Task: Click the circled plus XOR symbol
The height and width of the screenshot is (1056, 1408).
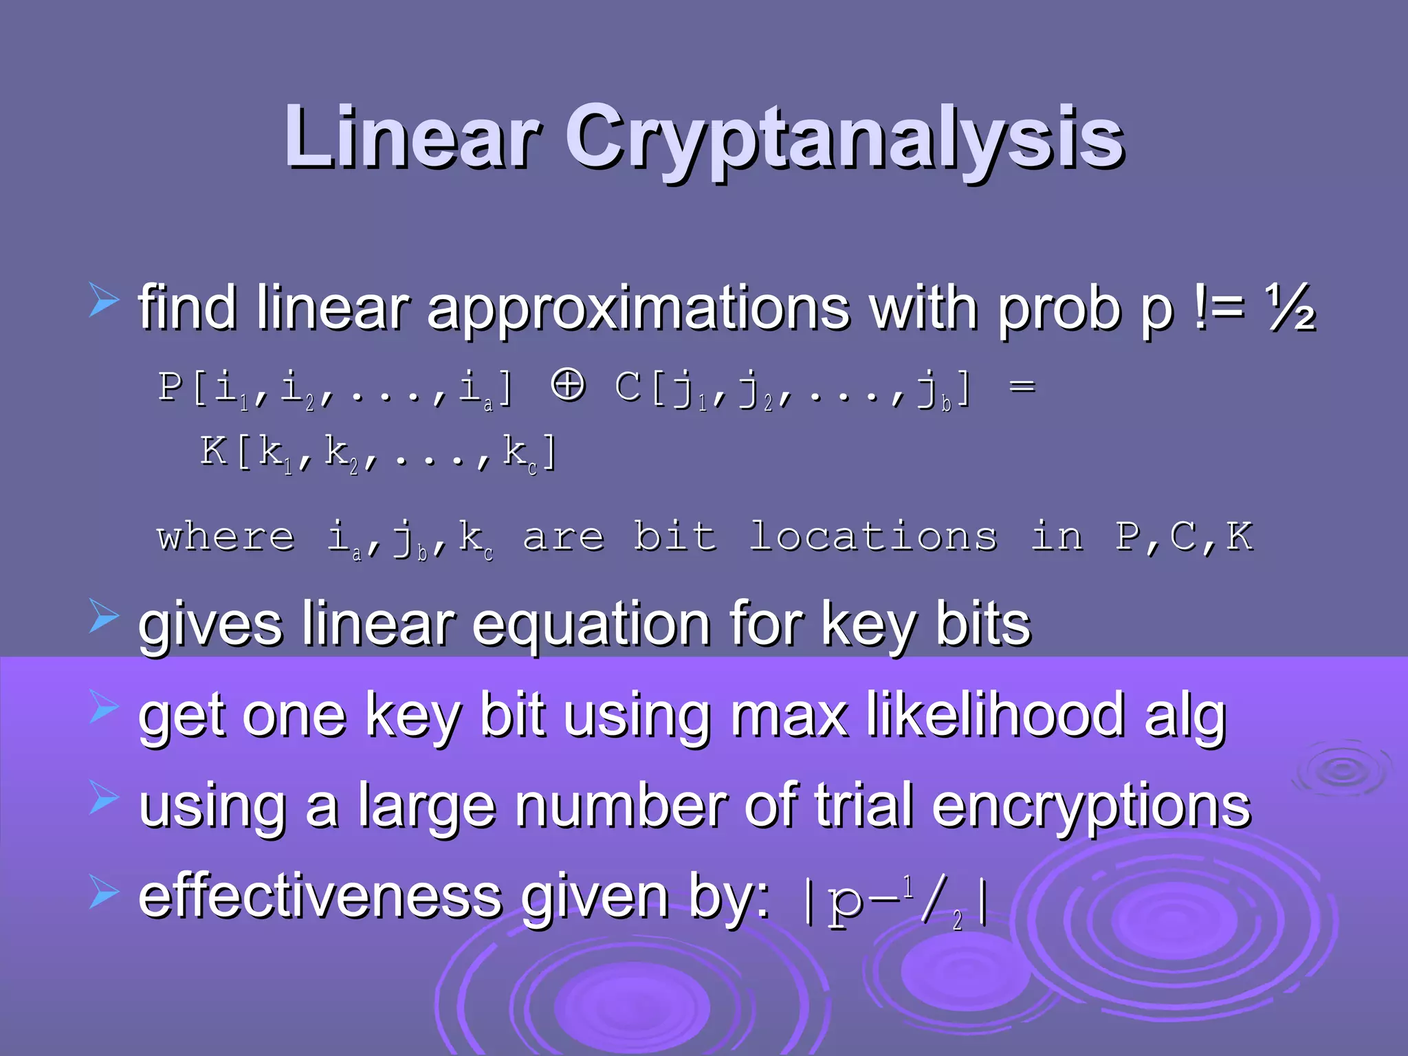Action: [568, 384]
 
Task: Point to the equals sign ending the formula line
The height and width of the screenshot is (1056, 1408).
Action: [1022, 387]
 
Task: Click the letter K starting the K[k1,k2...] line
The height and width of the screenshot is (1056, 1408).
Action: [214, 452]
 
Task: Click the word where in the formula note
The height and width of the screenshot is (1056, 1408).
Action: [226, 536]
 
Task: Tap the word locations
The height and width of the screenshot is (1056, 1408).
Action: [872, 536]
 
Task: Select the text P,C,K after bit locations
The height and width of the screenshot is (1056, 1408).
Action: [1184, 536]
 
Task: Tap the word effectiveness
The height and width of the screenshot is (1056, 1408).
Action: [320, 896]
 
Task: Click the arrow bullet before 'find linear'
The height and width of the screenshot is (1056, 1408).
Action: [104, 302]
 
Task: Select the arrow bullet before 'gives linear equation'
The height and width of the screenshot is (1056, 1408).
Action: [104, 615]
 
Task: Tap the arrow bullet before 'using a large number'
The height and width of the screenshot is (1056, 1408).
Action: [104, 797]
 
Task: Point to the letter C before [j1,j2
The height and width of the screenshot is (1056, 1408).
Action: [629, 386]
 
